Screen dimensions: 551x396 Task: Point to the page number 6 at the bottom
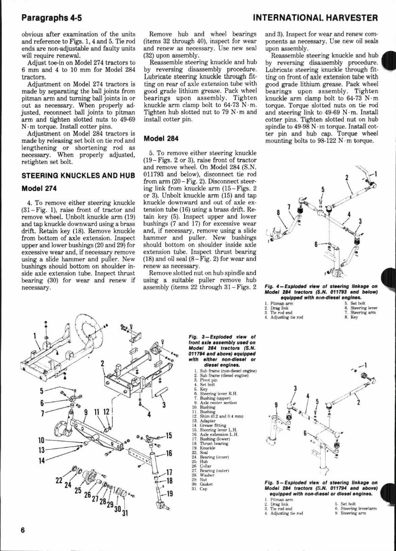tap(22, 529)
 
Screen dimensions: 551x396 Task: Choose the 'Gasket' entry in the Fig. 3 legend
tap(205, 484)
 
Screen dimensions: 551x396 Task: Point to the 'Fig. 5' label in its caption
tap(273, 482)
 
